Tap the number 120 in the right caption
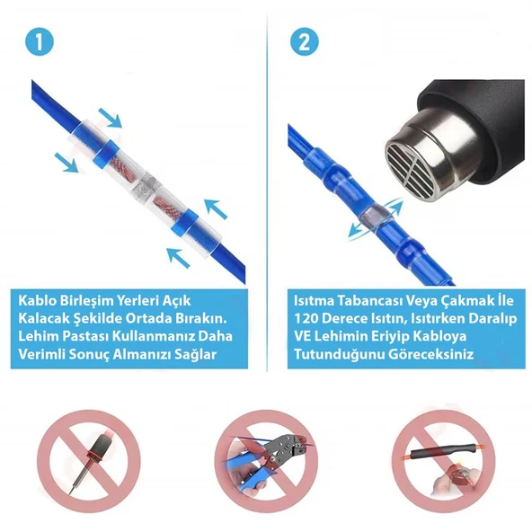[x=311, y=318]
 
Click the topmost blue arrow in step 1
[x=111, y=117]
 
